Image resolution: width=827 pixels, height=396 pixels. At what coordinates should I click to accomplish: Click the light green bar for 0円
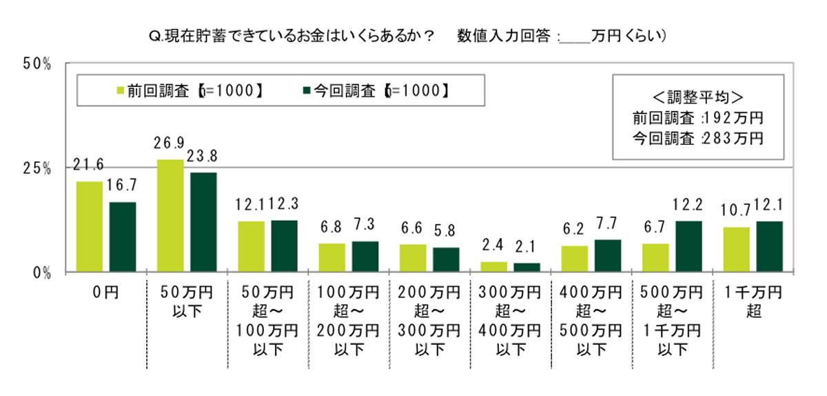click(89, 226)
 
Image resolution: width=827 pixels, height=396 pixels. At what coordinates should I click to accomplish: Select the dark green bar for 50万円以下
click(203, 221)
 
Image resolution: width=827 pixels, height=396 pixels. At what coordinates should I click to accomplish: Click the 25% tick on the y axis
click(38, 168)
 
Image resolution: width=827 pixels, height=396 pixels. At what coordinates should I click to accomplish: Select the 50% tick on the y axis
click(38, 64)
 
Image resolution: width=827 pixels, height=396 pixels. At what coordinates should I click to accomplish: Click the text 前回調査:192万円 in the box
click(697, 117)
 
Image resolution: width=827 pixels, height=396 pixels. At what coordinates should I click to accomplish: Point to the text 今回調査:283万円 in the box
click(697, 138)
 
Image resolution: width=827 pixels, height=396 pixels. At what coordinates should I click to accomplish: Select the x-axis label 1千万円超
click(753, 301)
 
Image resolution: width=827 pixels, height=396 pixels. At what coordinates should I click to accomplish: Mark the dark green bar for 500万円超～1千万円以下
click(688, 246)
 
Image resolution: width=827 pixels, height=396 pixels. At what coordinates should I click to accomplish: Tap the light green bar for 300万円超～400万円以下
click(493, 266)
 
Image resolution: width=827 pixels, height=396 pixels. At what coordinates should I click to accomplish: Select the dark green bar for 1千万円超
click(770, 246)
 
